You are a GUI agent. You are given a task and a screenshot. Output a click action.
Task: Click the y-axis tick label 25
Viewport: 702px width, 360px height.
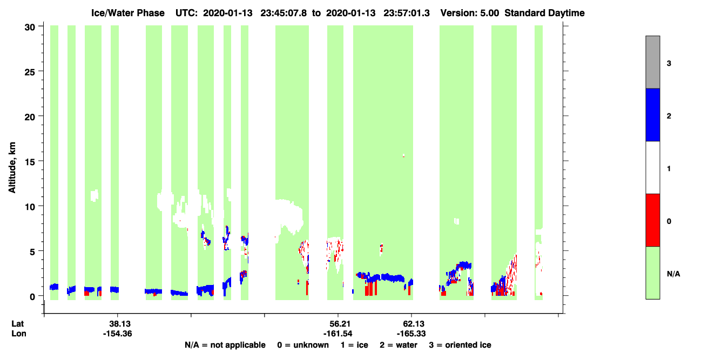pos(30,72)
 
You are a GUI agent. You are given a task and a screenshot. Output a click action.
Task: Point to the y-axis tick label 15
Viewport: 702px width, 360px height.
pos(30,162)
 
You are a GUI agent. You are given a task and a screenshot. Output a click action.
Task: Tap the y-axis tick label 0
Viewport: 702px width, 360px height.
pos(32,297)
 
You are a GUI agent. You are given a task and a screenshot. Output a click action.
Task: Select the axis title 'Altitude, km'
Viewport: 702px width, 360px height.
pos(12,167)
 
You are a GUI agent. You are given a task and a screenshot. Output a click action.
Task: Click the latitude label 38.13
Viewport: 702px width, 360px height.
pos(120,324)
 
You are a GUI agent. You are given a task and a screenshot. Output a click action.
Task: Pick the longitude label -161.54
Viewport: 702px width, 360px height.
pos(338,334)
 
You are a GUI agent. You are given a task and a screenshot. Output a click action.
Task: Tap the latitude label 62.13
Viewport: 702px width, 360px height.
pos(413,324)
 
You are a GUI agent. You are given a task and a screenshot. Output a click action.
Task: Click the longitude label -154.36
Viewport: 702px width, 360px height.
pos(118,334)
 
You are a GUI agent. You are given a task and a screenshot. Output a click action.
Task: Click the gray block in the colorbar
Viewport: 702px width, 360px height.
pos(652,62)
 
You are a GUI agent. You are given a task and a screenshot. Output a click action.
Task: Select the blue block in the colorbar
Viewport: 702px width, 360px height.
pos(652,114)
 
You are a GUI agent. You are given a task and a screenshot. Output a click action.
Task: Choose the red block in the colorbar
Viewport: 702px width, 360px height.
pos(652,220)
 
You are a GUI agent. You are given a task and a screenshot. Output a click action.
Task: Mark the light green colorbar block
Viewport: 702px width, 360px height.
pos(652,273)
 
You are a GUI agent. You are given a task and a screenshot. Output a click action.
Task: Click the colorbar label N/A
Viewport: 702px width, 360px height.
pos(673,274)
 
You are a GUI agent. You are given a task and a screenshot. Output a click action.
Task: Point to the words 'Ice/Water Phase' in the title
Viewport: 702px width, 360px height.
pos(128,13)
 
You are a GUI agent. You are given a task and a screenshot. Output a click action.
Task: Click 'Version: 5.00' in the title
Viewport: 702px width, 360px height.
pos(469,13)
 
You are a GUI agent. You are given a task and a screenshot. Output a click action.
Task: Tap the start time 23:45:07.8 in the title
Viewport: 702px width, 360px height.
pos(283,13)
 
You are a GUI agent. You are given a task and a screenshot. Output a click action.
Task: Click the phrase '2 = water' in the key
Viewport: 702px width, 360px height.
pos(399,345)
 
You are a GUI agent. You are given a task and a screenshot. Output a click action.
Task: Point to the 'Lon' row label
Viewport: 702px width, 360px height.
pos(19,334)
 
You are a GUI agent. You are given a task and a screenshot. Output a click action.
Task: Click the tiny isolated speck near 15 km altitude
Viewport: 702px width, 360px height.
pos(404,155)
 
